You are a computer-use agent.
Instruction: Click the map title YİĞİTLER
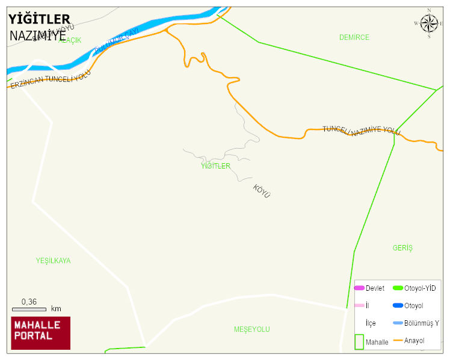pyautogui.click(x=40, y=20)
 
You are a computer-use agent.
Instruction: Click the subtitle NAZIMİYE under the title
pyautogui.click(x=38, y=36)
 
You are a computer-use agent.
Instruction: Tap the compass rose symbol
pyautogui.click(x=429, y=23)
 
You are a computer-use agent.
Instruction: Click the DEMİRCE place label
pyautogui.click(x=354, y=37)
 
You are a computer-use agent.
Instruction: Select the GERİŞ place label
pyautogui.click(x=402, y=248)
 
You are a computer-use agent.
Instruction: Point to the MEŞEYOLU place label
pyautogui.click(x=251, y=329)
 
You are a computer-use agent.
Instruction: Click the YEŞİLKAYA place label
pyautogui.click(x=53, y=261)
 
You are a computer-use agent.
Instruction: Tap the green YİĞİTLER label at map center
pyautogui.click(x=215, y=166)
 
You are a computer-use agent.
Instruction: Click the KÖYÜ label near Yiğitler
pyautogui.click(x=262, y=191)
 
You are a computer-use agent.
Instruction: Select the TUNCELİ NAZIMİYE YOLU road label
pyautogui.click(x=361, y=131)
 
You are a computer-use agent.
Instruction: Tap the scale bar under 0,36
pyautogui.click(x=29, y=309)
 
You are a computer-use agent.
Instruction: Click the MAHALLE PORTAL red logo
pyautogui.click(x=40, y=333)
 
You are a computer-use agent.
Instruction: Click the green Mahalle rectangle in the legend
pyautogui.click(x=359, y=342)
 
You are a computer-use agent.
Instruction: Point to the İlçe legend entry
pyautogui.click(x=371, y=323)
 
